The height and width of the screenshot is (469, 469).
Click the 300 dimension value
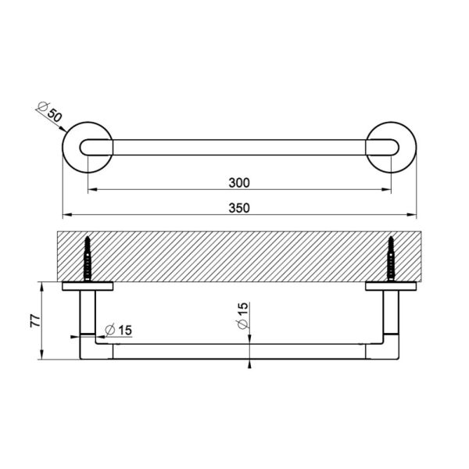(x=239, y=183)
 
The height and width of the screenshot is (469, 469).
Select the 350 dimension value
(x=239, y=208)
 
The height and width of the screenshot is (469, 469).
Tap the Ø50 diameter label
(x=50, y=112)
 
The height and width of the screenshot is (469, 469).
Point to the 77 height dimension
(x=35, y=320)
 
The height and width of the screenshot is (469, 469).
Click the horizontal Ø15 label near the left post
(x=119, y=330)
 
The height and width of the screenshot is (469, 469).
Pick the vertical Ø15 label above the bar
(x=242, y=316)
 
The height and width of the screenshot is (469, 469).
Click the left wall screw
(x=88, y=259)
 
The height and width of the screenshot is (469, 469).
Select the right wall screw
(x=391, y=259)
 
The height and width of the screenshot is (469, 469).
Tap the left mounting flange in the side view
(x=88, y=286)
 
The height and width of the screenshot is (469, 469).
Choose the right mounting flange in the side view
(x=391, y=286)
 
